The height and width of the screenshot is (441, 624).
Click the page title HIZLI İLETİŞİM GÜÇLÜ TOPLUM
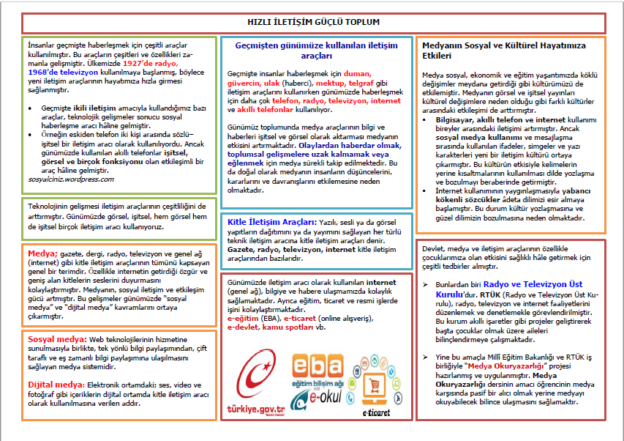312,22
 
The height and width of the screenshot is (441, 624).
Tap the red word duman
358,74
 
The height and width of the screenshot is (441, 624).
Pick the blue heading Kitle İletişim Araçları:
271,221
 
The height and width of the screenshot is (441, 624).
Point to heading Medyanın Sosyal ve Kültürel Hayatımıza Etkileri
504,50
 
